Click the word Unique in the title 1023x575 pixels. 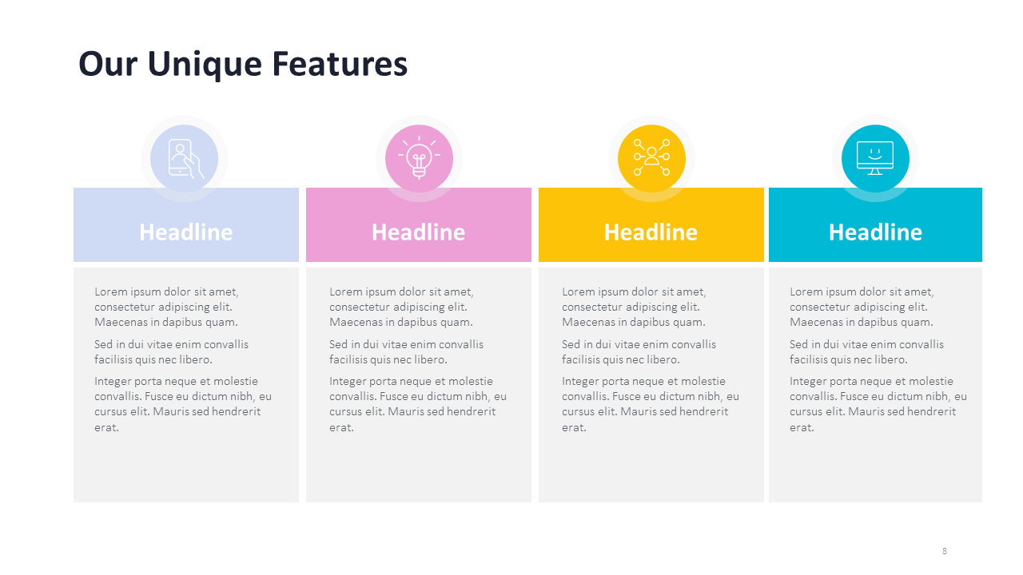(205, 65)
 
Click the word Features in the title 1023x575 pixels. (340, 63)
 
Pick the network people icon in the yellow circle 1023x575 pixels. (651, 157)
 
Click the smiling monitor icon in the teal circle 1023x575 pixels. (875, 158)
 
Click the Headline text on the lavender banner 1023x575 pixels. (186, 232)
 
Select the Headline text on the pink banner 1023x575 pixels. (418, 232)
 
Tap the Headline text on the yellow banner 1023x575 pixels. (651, 232)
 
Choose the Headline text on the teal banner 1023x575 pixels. (875, 232)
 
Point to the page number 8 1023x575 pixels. (945, 551)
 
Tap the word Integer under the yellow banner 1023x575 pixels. (578, 382)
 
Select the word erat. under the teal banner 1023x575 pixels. (802, 427)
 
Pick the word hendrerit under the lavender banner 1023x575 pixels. (236, 411)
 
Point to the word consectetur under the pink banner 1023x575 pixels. (360, 307)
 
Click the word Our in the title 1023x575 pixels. (108, 65)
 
